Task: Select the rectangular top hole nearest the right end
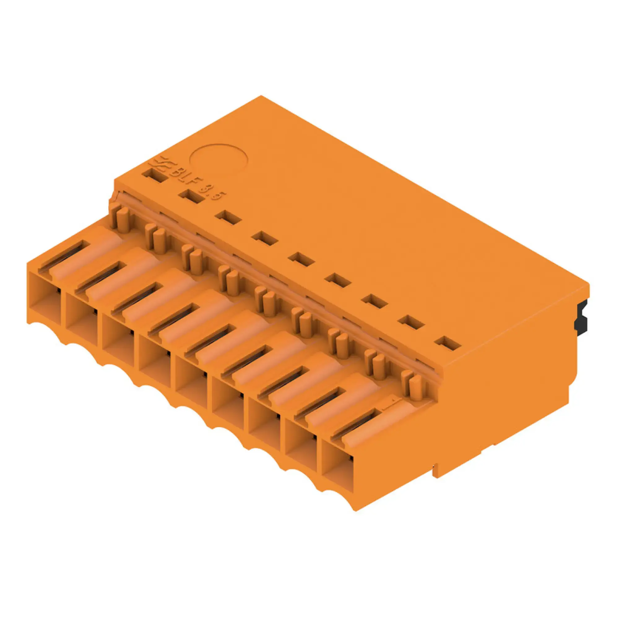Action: (448, 343)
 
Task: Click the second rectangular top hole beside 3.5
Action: (192, 197)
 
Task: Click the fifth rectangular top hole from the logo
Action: (301, 259)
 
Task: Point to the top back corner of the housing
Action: (261, 96)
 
